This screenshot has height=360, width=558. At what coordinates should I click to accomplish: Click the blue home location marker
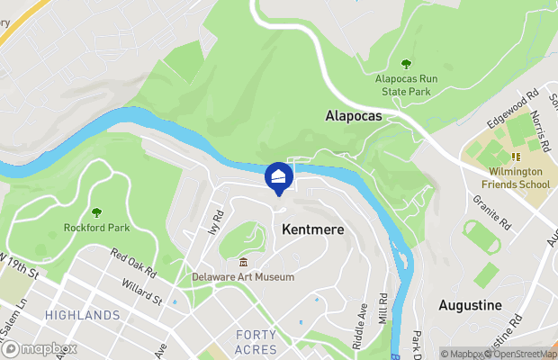coord(279,176)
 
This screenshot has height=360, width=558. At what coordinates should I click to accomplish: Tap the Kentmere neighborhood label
coord(313,230)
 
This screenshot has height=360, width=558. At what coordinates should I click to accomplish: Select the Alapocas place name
coord(353,117)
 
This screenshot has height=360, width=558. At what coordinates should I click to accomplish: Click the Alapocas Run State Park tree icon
coord(406,64)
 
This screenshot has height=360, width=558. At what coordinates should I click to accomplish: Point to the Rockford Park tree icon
coord(96,212)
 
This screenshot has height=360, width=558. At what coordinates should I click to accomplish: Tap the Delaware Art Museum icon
coord(242,262)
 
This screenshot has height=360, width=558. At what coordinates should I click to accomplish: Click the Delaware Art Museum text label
coord(243,277)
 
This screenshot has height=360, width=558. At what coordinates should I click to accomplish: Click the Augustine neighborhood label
coord(470,305)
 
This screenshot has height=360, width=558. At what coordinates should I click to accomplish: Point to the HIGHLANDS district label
coord(82,315)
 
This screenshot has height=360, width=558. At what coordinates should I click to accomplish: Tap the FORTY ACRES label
coord(256,341)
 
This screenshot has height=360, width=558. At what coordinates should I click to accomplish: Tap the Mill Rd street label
coord(383,308)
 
